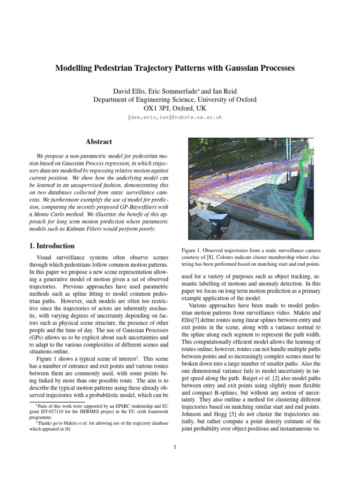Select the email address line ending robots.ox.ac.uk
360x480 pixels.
coord(174,118)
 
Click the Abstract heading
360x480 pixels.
coord(98,142)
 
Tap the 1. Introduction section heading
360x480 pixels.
coord(49,246)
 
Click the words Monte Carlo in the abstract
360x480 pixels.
coord(60,214)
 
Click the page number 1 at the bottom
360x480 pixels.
coord(175,447)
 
